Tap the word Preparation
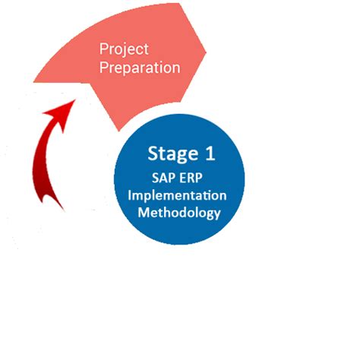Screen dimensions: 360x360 pyautogui.click(x=140, y=68)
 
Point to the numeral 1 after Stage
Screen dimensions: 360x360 pyautogui.click(x=209, y=153)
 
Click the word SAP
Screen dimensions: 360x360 pyautogui.click(x=163, y=178)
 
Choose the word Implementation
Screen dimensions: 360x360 pyautogui.click(x=177, y=195)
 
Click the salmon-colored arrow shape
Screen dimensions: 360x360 pyautogui.click(x=91, y=84)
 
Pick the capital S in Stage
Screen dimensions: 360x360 pyautogui.click(x=153, y=154)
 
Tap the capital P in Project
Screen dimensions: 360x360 pyautogui.click(x=104, y=50)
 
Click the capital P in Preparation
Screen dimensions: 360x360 pyautogui.click(x=104, y=68)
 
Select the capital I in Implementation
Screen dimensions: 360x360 pyautogui.click(x=131, y=194)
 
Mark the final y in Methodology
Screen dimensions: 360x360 pyautogui.click(x=216, y=214)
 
